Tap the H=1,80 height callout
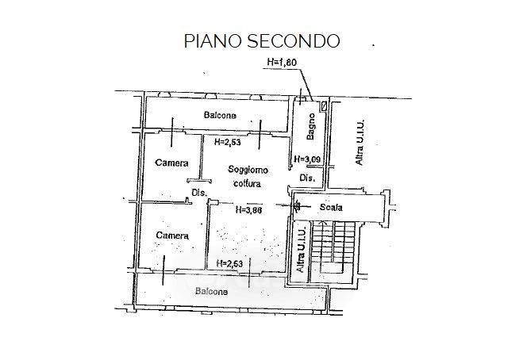281,62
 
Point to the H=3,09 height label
306,159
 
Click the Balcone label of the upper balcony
219,116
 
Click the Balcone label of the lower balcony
211,291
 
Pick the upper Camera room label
171,163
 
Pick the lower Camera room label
171,236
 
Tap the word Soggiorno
248,170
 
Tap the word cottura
247,184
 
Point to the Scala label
331,208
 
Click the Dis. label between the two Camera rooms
198,193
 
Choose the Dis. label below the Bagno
307,178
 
